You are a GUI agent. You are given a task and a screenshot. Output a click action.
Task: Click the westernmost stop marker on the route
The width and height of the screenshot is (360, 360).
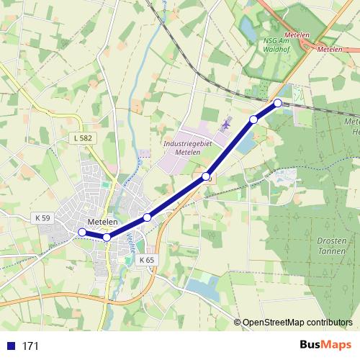82,232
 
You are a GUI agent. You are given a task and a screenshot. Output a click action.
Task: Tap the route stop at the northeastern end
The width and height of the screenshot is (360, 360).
278,103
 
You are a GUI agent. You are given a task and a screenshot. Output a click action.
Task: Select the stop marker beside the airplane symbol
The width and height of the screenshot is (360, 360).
253,119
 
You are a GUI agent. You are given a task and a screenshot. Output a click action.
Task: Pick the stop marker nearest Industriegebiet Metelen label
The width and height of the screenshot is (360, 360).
206,176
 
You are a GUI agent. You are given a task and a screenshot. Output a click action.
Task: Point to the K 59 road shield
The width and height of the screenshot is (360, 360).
42,217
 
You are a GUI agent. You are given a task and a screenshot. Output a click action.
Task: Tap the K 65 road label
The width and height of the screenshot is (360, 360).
147,259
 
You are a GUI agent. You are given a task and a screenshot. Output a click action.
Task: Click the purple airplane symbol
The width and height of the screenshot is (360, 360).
225,125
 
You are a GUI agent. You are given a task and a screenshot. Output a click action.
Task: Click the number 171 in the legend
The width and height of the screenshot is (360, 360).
31,346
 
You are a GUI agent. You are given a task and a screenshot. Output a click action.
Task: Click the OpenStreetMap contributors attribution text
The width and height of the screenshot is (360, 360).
297,322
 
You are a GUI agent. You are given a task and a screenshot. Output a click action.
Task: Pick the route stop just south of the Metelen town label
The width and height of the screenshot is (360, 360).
107,237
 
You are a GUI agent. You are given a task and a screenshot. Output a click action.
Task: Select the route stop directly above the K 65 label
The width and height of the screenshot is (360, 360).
147,217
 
